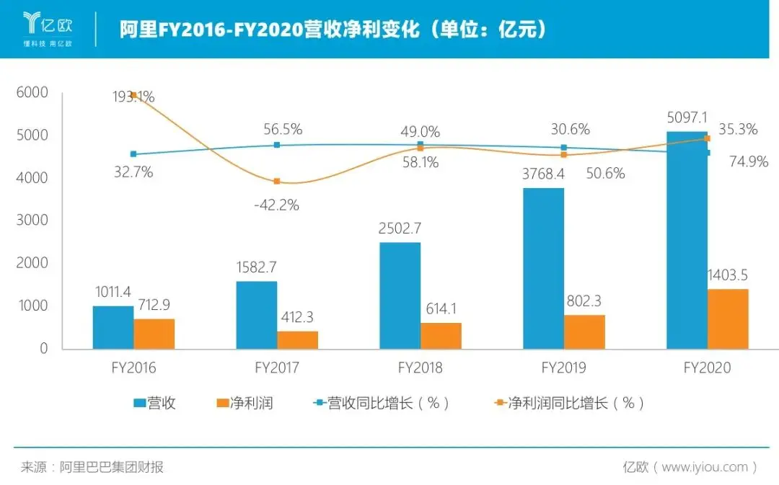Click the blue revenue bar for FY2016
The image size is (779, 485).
pyautogui.click(x=113, y=327)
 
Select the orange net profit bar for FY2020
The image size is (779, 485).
pyautogui.click(x=728, y=319)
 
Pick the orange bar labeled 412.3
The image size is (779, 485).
pyautogui.click(x=298, y=339)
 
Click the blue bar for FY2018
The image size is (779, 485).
pyautogui.click(x=400, y=295)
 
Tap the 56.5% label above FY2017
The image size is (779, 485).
pyautogui.click(x=283, y=130)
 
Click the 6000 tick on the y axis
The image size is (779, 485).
pyautogui.click(x=33, y=92)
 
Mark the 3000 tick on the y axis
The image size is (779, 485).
pyautogui.click(x=33, y=221)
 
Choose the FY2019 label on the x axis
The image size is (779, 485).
pyautogui.click(x=564, y=368)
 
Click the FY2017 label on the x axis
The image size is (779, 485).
pyautogui.click(x=277, y=368)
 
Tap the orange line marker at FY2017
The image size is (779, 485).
pyautogui.click(x=277, y=182)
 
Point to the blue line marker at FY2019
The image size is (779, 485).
pyautogui.click(x=564, y=148)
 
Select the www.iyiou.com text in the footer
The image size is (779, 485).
pyautogui.click(x=705, y=467)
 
